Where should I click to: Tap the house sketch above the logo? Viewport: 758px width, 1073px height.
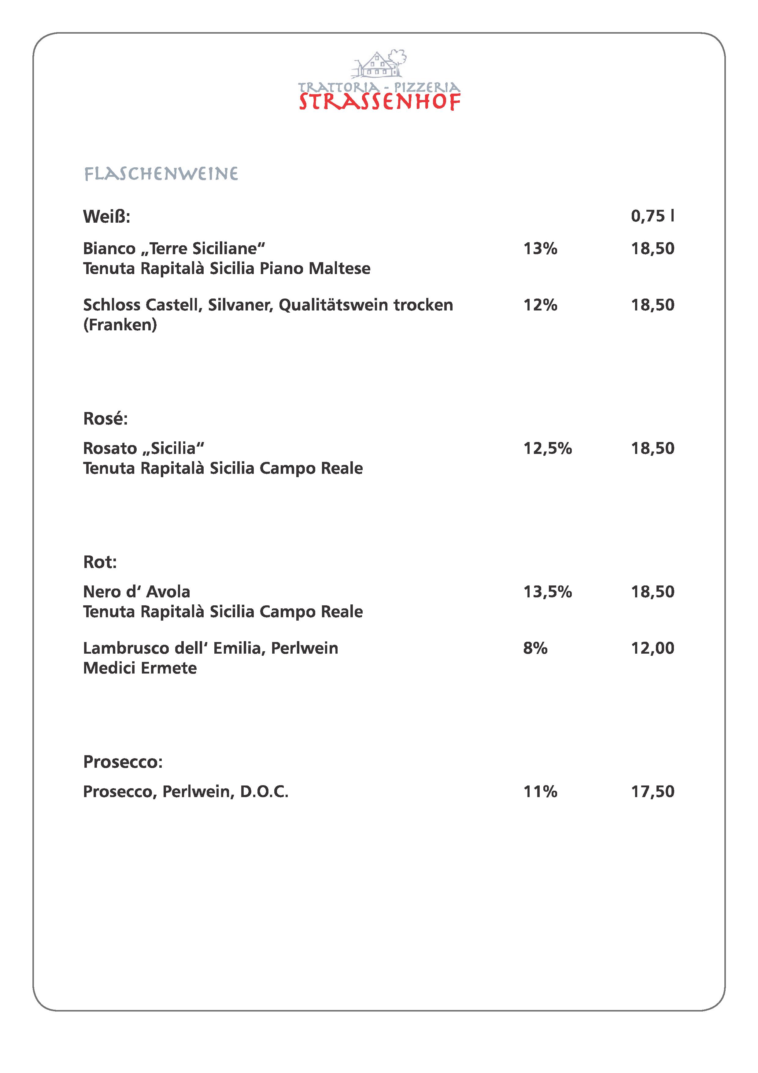377,65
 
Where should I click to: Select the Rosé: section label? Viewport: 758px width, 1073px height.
105,419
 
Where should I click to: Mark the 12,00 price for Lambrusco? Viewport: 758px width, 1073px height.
653,648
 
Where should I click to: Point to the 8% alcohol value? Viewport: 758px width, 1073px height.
535,648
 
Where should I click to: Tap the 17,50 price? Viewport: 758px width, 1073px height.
653,792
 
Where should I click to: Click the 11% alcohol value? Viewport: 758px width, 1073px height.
540,792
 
